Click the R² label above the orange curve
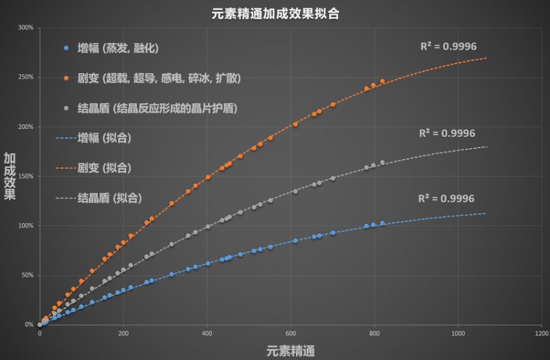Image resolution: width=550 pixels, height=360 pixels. point(447,46)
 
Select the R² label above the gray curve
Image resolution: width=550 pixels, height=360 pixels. point(447,133)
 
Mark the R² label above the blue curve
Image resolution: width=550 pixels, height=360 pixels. point(446,199)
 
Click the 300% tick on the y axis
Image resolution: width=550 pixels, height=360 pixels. point(26,28)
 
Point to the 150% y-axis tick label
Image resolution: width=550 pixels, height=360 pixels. point(26,176)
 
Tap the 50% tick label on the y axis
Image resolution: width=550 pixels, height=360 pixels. point(27,275)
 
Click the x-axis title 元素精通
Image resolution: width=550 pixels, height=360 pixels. point(291,350)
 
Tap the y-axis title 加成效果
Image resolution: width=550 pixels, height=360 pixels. point(10,176)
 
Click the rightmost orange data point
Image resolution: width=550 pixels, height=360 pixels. point(382,81)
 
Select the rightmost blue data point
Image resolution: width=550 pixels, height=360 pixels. point(382,223)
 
